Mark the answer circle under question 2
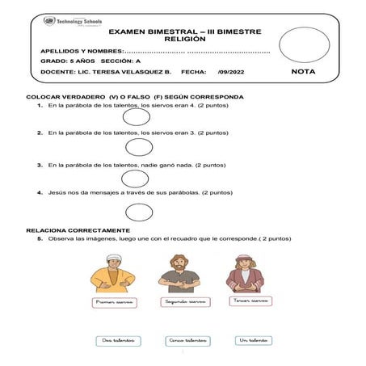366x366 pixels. pos(139,147)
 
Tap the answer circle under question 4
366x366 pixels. pos(139,212)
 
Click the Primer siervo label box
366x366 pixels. pos(113,301)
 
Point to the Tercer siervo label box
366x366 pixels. pos(250,300)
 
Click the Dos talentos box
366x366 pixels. pos(118,340)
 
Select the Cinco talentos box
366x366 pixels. pos(187,340)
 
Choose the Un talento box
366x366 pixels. pos(253,340)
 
